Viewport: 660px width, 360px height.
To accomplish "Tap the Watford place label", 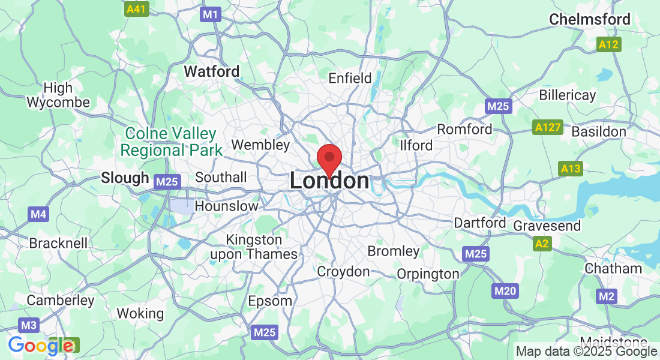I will [x=211, y=71].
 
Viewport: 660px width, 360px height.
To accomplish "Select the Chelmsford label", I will [x=590, y=19].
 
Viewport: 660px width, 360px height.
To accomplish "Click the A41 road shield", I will [x=136, y=10].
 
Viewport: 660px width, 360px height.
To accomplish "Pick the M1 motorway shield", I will [x=211, y=14].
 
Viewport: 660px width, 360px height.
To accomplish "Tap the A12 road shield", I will [x=609, y=44].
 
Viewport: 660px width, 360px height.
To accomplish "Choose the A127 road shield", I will [x=547, y=127].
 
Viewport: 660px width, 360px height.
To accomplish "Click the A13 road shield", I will [x=571, y=169].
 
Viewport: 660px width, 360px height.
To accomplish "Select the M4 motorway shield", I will [x=38, y=214].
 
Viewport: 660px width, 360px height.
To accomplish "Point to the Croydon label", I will [x=343, y=272].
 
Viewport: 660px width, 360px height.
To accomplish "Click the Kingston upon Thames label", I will [x=254, y=247].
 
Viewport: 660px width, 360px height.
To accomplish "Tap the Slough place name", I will [x=125, y=178].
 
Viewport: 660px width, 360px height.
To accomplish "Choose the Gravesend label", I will [x=547, y=226].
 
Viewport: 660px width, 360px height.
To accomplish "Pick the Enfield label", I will [x=350, y=78].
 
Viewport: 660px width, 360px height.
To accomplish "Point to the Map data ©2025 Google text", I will [x=586, y=352].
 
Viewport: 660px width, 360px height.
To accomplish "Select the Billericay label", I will [x=568, y=95].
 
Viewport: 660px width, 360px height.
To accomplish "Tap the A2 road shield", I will [x=542, y=243].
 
